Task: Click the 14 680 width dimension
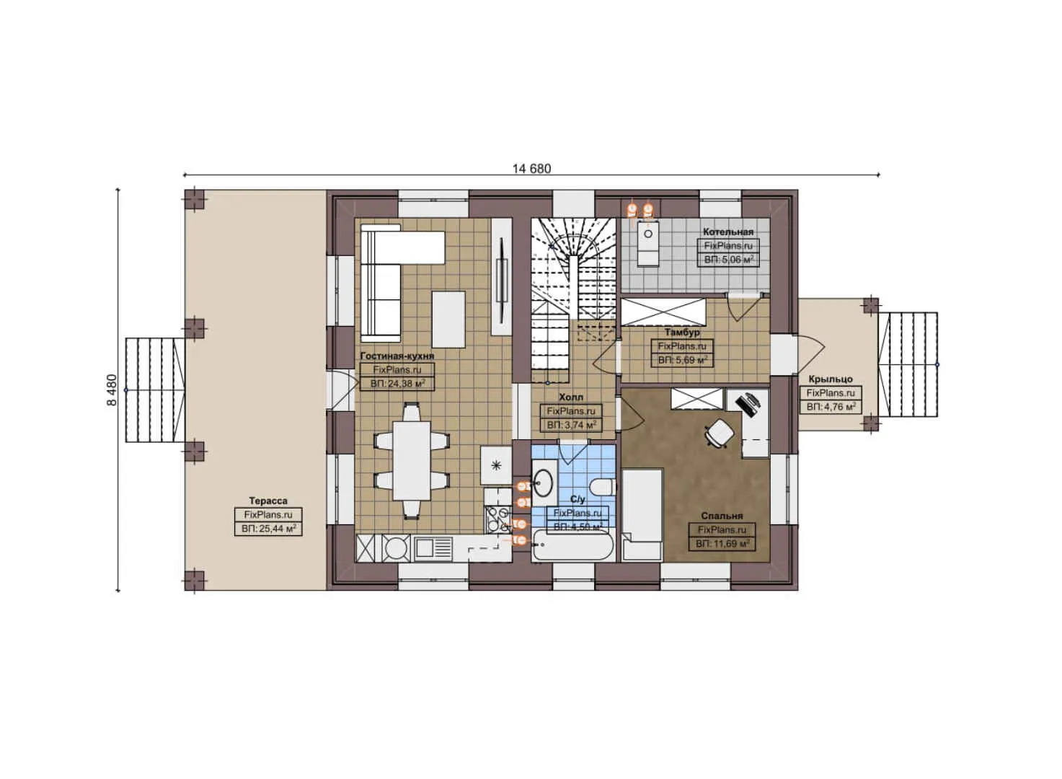click(x=531, y=169)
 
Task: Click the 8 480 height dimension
click(x=112, y=389)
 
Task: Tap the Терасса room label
click(x=268, y=501)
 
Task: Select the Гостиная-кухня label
click(x=397, y=356)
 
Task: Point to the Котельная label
click(x=728, y=232)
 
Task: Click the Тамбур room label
click(x=682, y=333)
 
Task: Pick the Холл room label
click(x=571, y=397)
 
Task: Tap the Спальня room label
click(x=722, y=516)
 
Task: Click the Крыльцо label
click(x=831, y=379)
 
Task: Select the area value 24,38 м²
click(x=397, y=384)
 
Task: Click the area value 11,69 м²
click(x=722, y=544)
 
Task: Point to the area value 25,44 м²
click(x=268, y=529)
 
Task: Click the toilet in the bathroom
click(x=600, y=485)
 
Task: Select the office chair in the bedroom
click(x=720, y=433)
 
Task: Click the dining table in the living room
click(x=412, y=460)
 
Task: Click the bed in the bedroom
click(x=642, y=514)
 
